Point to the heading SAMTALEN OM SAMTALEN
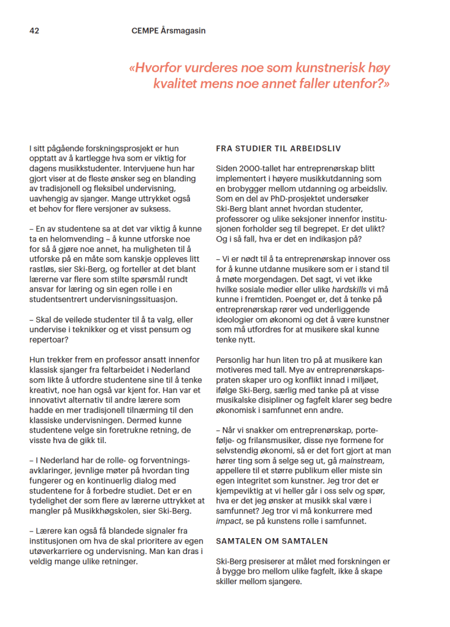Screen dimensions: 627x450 pos(272,541)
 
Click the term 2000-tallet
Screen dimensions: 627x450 pos(259,169)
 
